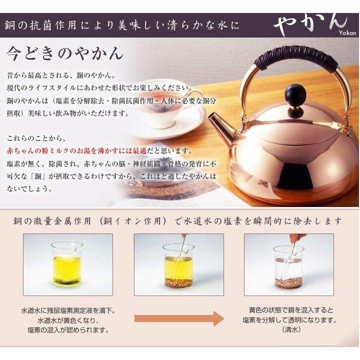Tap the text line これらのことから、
click(37, 138)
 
